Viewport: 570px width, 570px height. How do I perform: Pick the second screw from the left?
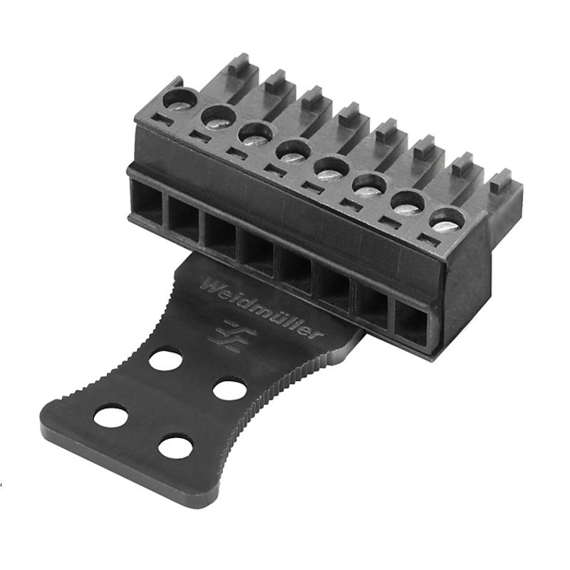coord(217,116)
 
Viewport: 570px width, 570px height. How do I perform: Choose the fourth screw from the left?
coord(291,151)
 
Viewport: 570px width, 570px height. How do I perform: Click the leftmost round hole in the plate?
coord(110,416)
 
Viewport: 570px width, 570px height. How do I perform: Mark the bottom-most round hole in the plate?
coord(175,447)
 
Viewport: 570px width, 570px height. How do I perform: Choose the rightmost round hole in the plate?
coord(229,390)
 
